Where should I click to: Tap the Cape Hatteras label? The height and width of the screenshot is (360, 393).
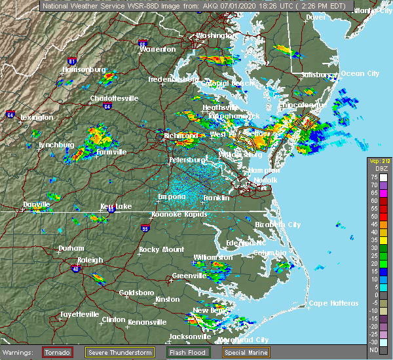pos(334,303)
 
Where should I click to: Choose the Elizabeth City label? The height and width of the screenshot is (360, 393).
pos(278,224)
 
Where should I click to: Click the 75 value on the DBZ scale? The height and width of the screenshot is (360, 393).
pos(373,177)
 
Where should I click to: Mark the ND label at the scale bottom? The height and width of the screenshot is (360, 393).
pos(373,350)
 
